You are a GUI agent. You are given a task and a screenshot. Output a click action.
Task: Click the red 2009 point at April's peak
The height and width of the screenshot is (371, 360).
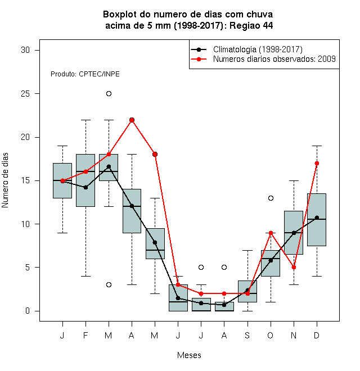tap(132, 120)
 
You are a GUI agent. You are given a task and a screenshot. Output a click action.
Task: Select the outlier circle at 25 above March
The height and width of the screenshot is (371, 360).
tap(109, 94)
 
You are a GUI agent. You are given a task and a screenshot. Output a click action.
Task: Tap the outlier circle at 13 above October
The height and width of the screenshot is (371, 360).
tap(271, 198)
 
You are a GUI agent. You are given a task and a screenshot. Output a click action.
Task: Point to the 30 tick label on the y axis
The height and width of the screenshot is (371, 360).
tap(25, 50)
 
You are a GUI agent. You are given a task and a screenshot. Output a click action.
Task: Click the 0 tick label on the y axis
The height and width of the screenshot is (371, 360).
tap(28, 311)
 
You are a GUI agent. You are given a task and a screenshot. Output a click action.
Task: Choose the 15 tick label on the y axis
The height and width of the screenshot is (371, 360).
tap(25, 180)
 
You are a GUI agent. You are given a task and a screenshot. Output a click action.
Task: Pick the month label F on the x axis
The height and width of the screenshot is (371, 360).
tap(85, 335)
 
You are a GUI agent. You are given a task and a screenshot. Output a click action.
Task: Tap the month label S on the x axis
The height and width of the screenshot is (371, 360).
tap(247, 335)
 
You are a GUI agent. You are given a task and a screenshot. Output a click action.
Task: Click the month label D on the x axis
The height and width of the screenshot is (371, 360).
tap(317, 335)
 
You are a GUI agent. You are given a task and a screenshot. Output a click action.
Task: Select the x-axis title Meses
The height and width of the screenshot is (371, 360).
tap(189, 355)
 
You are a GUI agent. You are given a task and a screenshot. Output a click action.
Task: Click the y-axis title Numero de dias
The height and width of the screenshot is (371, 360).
tap(5, 180)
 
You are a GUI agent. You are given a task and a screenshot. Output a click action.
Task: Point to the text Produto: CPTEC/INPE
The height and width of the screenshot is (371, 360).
tap(85, 74)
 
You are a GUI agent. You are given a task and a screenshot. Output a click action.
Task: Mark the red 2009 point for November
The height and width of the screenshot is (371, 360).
tap(294, 268)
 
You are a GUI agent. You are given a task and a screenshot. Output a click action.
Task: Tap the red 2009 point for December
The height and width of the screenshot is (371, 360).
tap(317, 163)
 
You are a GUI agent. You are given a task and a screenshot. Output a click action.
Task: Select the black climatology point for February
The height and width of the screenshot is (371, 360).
tap(85, 187)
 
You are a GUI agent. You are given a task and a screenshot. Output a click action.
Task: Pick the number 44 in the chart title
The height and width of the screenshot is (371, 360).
tap(267, 25)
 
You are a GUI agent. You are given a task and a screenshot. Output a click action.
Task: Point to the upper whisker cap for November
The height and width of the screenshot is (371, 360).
tap(294, 180)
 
